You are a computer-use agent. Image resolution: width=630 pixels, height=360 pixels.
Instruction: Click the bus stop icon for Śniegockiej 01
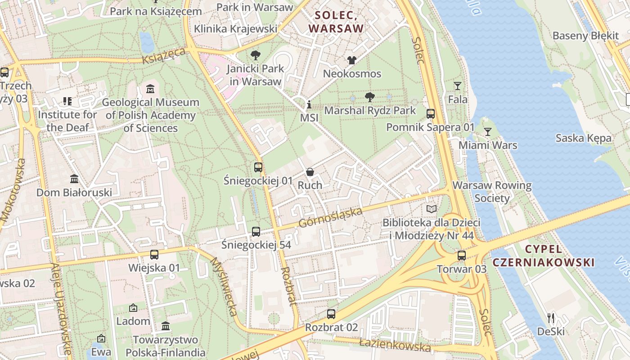point(258,167)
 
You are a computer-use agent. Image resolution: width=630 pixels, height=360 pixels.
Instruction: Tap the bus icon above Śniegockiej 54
point(256,232)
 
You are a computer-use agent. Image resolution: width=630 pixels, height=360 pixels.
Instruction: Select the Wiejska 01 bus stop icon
point(154,255)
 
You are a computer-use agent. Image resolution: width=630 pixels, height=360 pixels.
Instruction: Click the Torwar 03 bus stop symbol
point(461,256)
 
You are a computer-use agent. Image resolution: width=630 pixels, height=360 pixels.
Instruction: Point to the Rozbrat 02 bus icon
point(331,314)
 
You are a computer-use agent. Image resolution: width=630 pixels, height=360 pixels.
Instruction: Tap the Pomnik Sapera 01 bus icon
point(430,114)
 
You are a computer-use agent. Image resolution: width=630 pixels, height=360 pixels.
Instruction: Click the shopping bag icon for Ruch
point(310,172)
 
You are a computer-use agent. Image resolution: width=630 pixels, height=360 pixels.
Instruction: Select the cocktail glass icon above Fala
point(457,86)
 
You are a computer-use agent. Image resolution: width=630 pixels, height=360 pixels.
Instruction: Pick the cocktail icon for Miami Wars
point(487,132)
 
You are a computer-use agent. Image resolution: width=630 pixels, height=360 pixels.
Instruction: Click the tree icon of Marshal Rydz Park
point(369,97)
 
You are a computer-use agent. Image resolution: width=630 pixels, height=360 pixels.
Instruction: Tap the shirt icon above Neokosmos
point(351,60)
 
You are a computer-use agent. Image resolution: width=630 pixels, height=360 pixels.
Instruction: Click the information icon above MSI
point(309,105)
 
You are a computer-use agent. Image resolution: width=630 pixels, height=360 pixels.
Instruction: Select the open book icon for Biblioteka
point(431,209)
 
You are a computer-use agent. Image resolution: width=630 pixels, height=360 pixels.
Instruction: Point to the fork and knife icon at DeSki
point(550,318)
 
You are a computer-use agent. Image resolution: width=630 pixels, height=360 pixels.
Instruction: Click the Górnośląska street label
point(330,217)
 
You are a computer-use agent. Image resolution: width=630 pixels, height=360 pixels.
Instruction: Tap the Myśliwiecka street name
point(224,287)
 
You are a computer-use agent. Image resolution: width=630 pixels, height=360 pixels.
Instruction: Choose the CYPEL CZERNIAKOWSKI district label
point(543,256)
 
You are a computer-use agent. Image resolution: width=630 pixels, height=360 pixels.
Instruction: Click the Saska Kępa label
point(583,138)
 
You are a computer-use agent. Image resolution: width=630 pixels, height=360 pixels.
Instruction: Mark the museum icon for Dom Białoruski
point(74,179)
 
